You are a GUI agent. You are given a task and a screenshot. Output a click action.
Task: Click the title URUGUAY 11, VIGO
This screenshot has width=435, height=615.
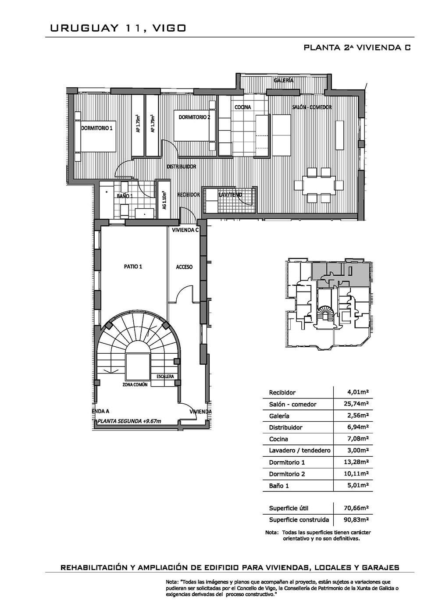click(x=118, y=28)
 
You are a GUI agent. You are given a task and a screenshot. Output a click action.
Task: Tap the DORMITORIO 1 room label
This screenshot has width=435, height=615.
click(x=96, y=128)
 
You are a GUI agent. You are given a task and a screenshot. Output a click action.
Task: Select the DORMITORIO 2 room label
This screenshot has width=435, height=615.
click(x=194, y=117)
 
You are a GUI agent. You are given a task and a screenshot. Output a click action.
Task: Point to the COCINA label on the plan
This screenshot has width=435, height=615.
click(x=243, y=107)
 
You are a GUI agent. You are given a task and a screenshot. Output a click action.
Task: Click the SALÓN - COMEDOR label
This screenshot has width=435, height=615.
click(x=312, y=107)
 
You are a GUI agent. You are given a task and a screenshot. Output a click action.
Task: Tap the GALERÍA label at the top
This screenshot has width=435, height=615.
click(x=283, y=81)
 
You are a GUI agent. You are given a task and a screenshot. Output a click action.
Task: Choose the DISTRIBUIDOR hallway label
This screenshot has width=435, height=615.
click(x=182, y=167)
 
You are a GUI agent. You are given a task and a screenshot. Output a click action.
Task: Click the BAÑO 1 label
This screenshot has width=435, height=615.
click(x=125, y=196)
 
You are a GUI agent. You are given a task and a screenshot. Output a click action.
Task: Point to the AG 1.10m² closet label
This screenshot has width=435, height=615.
click(x=164, y=200)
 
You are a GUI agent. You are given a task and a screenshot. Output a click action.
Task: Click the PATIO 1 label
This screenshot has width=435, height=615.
click(x=133, y=267)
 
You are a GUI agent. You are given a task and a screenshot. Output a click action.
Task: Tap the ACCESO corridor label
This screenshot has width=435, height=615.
click(x=184, y=267)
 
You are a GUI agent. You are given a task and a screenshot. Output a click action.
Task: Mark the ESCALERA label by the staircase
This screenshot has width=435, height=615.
click(x=165, y=377)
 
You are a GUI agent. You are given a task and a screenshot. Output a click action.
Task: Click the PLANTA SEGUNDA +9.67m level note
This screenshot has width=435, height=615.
click(x=129, y=421)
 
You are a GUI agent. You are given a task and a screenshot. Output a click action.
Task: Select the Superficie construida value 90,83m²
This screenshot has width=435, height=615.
click(x=356, y=519)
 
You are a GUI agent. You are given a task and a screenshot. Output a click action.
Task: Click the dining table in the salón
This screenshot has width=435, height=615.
click(x=318, y=185)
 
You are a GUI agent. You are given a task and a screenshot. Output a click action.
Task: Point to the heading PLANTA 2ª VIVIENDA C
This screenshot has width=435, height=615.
click(x=357, y=47)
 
